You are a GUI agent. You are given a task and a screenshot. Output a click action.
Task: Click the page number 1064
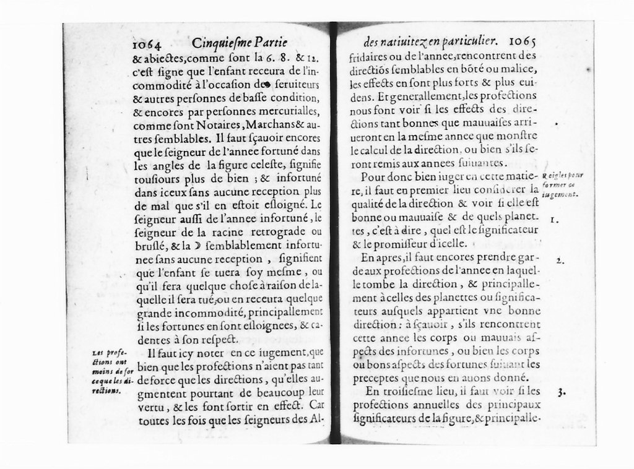pyautogui.click(x=147, y=45)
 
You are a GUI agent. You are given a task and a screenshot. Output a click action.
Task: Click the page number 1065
pyautogui.click(x=522, y=42)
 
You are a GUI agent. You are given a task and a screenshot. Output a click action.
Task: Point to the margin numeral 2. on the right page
pyautogui.click(x=558, y=260)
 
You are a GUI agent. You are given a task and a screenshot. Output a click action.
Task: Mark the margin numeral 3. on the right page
pyautogui.click(x=560, y=391)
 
